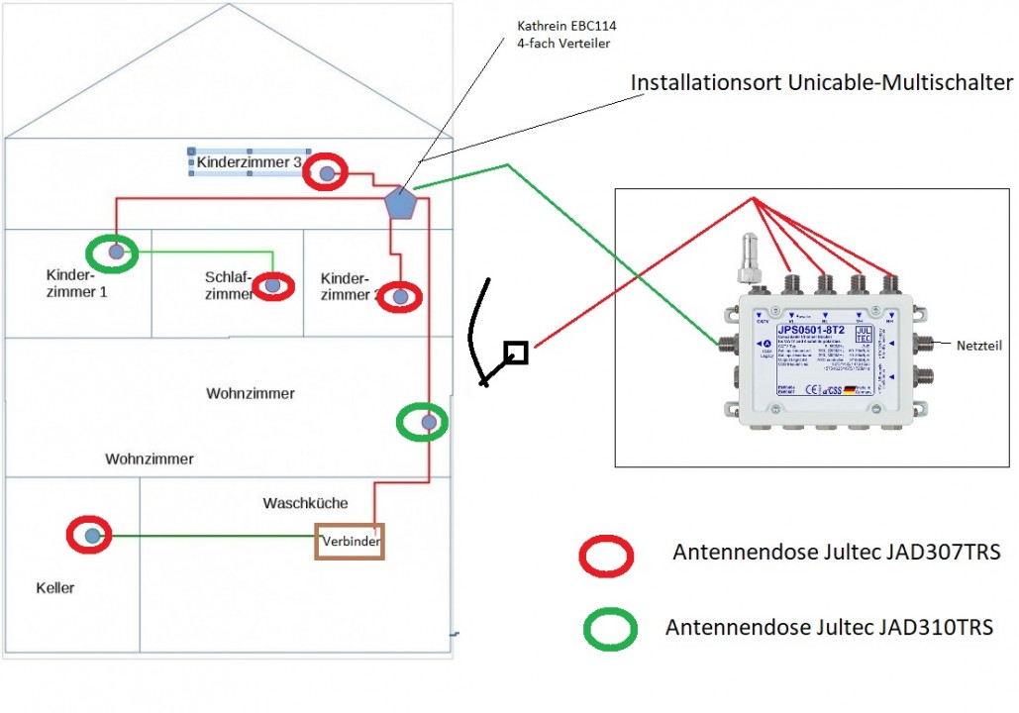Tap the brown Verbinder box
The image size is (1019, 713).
coord(350,541)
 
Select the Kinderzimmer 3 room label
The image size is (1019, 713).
coord(248,161)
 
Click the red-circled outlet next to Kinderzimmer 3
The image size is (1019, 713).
coord(327,173)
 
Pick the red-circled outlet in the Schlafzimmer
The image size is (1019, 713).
coord(272,286)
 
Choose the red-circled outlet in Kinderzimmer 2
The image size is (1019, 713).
coord(400,296)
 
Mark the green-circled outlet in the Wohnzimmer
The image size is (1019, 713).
coord(428,423)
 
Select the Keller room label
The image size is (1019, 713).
coord(55,588)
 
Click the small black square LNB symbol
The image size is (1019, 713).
coord(515,352)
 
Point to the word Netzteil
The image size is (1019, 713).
coord(980,347)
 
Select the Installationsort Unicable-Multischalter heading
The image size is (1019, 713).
coord(822,83)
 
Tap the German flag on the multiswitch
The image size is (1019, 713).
coord(851,391)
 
